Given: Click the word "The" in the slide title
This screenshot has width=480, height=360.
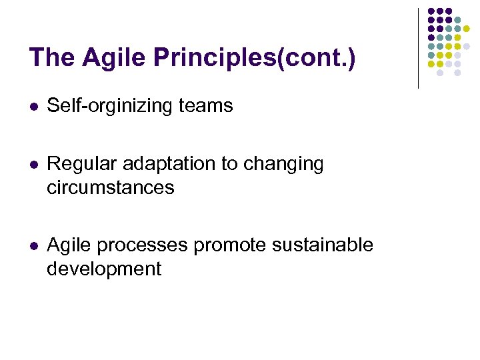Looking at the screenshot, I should click(x=53, y=58).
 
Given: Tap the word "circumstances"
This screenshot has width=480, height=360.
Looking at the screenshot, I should click(x=110, y=188).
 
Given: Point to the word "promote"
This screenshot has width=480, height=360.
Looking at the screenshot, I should click(x=230, y=245).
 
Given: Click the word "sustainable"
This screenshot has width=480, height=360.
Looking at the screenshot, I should click(x=323, y=245).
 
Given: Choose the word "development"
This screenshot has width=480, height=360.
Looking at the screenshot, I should click(x=104, y=269).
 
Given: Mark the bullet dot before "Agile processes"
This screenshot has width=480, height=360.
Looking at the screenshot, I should click(x=33, y=246).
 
